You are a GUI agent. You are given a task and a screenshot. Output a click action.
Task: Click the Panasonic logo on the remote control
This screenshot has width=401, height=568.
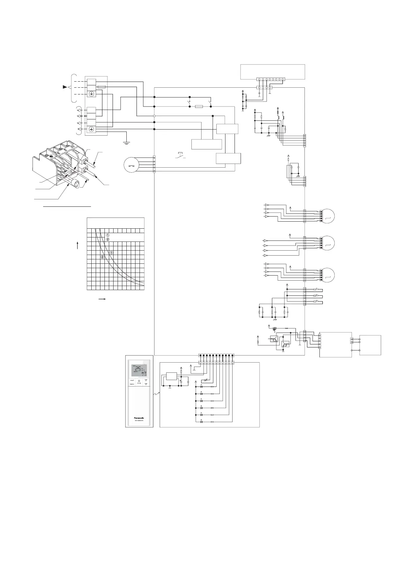click(139, 417)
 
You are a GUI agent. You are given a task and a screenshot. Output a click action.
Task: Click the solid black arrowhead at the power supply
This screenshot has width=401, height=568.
click(65, 87)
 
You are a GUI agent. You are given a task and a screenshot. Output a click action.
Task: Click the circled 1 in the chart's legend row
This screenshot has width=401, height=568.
click(108, 235)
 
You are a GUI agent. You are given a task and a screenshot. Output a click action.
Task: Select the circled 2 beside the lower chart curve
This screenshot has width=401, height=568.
click(102, 257)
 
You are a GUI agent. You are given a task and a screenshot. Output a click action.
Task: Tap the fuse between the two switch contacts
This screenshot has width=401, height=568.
click(199, 106)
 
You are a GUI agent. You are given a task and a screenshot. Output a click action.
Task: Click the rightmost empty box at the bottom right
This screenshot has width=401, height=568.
click(370, 345)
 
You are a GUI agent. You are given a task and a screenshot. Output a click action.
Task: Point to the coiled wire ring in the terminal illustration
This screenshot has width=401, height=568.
click(76, 185)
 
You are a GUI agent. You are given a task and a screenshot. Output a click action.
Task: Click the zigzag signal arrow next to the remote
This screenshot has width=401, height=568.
click(156, 393)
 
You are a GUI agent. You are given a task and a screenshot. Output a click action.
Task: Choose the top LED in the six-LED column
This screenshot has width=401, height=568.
click(202, 386)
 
